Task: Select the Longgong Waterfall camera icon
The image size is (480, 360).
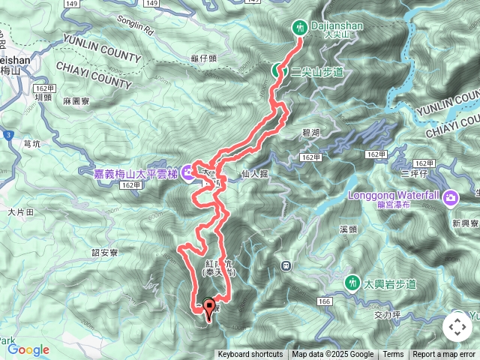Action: (450, 198)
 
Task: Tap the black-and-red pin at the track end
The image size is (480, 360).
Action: (208, 307)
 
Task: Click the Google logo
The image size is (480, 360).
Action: (28, 349)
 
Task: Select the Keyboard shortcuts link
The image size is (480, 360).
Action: (250, 355)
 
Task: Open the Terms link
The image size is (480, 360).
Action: (393, 355)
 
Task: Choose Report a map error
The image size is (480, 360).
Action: (445, 355)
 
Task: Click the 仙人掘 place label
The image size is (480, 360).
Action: (255, 173)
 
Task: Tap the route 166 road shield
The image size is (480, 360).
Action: (324, 301)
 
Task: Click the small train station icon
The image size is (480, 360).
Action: (286, 265)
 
